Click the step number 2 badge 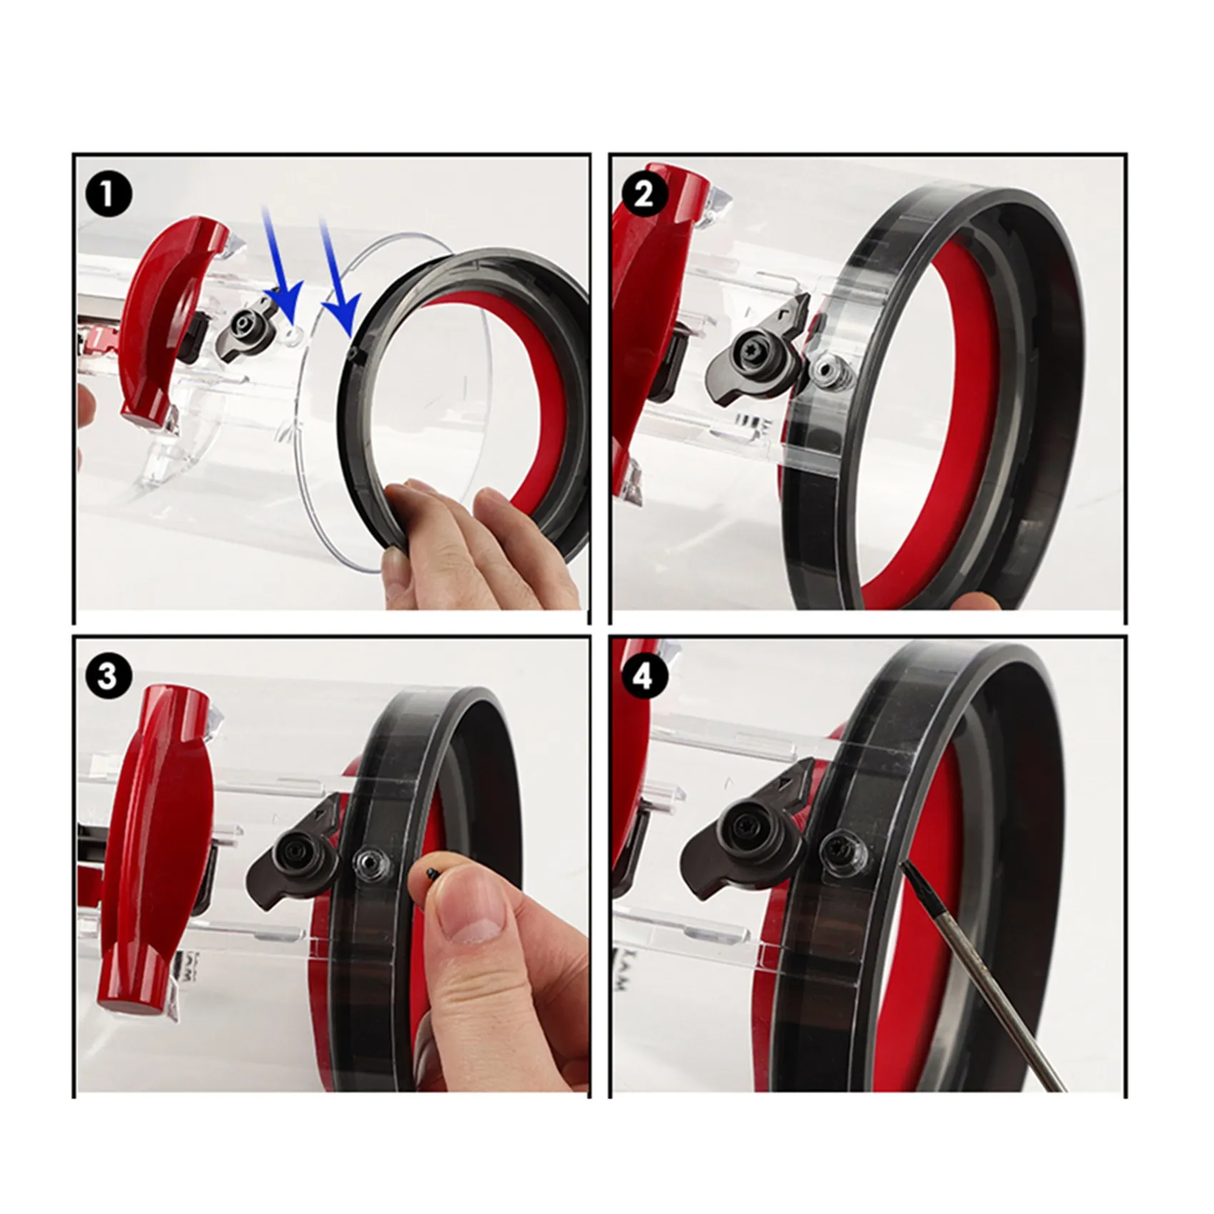[x=643, y=194]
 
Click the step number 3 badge [x=107, y=675]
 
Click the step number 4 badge [x=643, y=675]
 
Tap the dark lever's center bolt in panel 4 [x=739, y=843]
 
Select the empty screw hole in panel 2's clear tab [x=827, y=370]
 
